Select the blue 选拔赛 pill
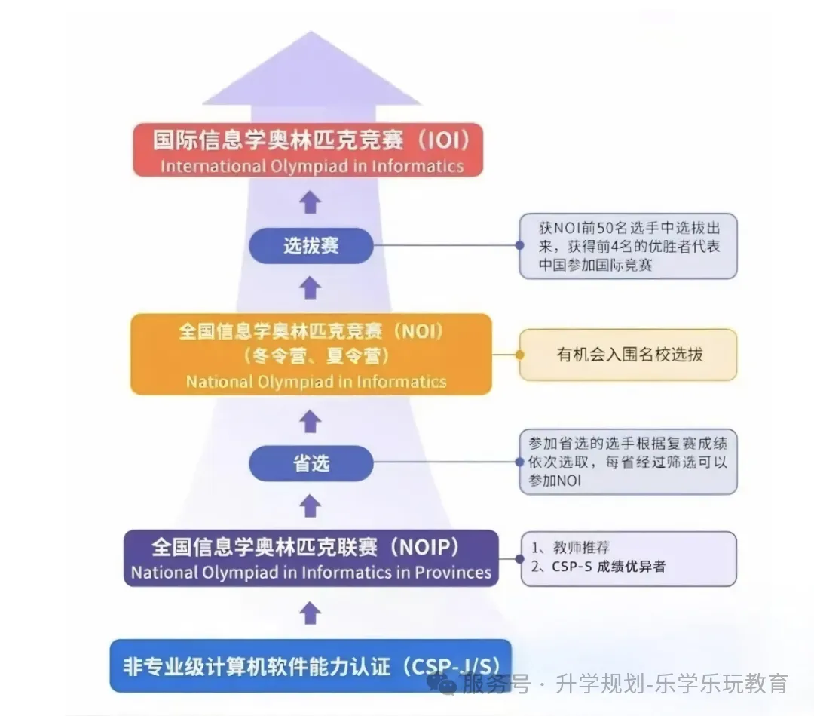311,246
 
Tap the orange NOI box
311,354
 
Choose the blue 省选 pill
311,463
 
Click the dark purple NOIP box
311,558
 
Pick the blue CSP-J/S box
311,665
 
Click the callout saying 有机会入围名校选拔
628,355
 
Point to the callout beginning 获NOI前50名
628,246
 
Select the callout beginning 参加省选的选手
628,462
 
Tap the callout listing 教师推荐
628,558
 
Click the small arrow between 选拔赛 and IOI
310,202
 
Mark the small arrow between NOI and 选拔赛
310,288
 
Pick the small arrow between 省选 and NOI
310,421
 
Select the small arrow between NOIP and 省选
310,506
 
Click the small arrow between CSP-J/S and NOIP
310,613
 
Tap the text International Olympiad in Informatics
311,165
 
